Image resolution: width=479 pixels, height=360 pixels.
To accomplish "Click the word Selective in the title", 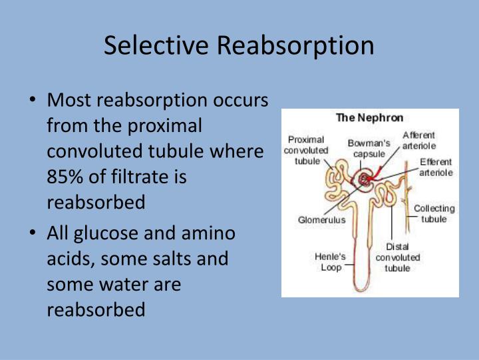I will click(x=156, y=45).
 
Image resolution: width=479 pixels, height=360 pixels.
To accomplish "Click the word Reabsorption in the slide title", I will click(x=294, y=45).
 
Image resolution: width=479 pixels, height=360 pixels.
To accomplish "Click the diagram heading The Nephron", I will click(x=369, y=118).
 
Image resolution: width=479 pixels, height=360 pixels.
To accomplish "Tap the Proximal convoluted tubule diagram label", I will click(x=304, y=150).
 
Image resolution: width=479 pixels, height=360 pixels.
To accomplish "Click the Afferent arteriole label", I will click(x=420, y=141).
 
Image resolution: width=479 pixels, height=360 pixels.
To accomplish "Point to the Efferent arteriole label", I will click(x=436, y=167).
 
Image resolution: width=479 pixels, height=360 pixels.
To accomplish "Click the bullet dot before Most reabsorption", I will click(x=33, y=101).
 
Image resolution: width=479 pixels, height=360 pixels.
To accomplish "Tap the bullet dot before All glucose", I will click(x=33, y=234).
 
